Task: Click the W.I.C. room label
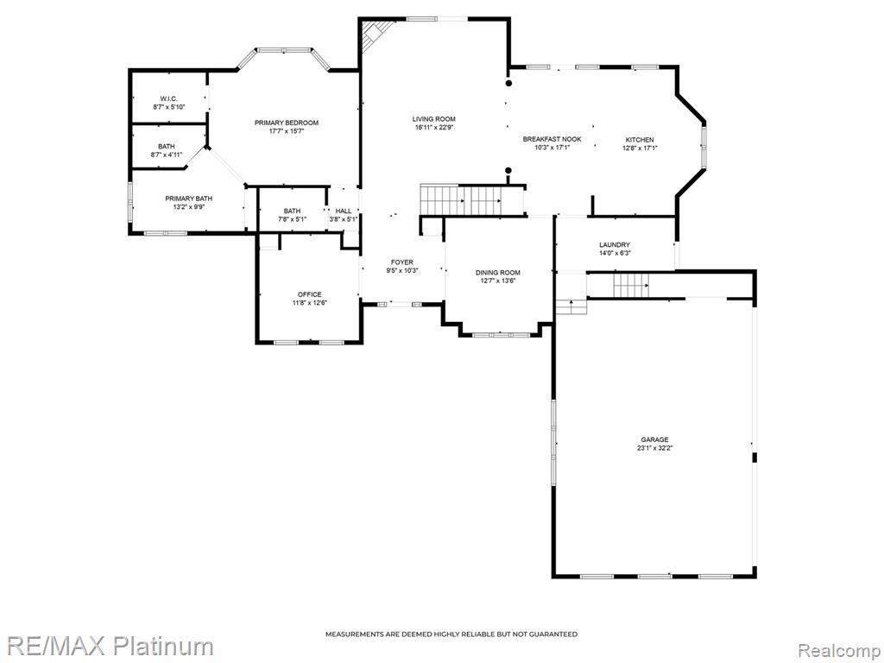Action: (x=168, y=98)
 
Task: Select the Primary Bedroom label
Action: (x=287, y=123)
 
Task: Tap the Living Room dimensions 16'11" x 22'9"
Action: (x=434, y=128)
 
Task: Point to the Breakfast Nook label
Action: (x=552, y=139)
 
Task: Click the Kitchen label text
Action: (x=640, y=140)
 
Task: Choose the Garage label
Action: (x=654, y=439)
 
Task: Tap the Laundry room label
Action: (x=615, y=244)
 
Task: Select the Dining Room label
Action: (x=498, y=272)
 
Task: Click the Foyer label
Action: (x=402, y=262)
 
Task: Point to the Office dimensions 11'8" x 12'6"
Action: (x=310, y=303)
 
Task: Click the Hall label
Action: (x=344, y=211)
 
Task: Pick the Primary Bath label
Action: (x=189, y=199)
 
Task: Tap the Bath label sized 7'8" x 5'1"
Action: (x=292, y=211)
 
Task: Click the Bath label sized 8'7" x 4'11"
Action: (x=167, y=147)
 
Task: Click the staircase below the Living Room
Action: (x=461, y=200)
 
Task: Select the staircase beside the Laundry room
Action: (x=631, y=285)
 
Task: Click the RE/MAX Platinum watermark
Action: (x=107, y=647)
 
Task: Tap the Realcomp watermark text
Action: (x=840, y=650)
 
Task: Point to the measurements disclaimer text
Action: (x=451, y=635)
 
